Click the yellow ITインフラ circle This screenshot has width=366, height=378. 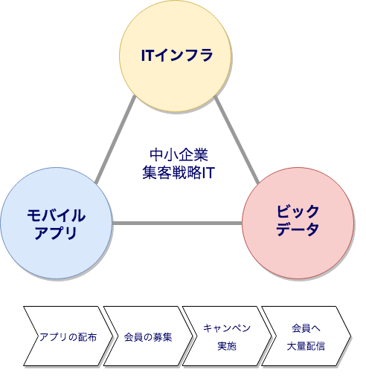(x=175, y=56)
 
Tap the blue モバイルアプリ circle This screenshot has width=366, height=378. (x=57, y=223)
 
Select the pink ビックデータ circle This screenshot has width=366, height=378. (x=298, y=223)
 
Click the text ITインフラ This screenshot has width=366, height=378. (x=177, y=55)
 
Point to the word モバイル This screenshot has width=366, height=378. (x=57, y=215)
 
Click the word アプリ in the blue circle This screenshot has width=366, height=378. (x=56, y=232)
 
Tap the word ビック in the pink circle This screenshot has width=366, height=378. (x=298, y=212)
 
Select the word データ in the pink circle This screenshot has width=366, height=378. (x=298, y=229)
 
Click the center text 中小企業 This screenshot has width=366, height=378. (x=179, y=154)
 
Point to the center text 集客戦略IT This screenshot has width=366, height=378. (x=179, y=172)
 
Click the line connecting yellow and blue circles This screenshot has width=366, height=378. (x=115, y=140)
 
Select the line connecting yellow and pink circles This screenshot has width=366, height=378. (x=237, y=140)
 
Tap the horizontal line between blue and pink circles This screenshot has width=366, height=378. (x=177, y=223)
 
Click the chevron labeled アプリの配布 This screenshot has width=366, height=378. (x=68, y=336)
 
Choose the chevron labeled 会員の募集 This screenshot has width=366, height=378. (x=148, y=336)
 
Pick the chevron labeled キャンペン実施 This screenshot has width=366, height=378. (x=227, y=336)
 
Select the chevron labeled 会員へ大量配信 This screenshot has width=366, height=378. (x=306, y=336)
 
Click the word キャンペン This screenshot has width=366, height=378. (x=227, y=328)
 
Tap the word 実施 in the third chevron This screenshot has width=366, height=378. (x=227, y=346)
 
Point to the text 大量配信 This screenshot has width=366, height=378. (x=306, y=346)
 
